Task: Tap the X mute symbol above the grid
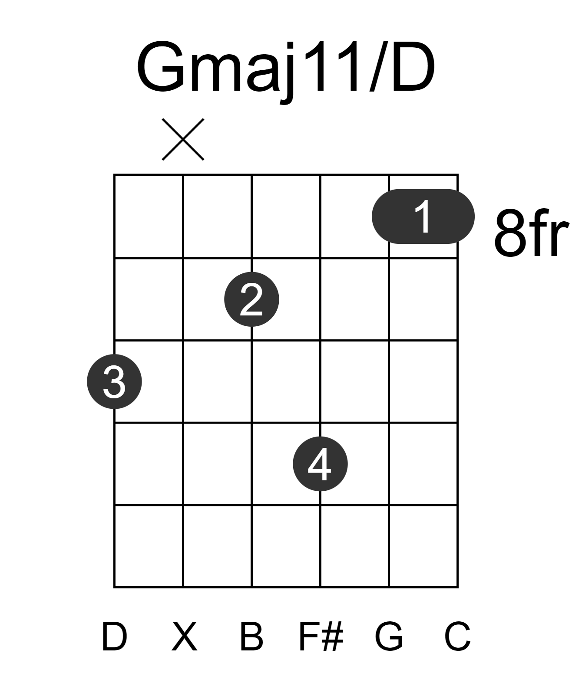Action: [x=183, y=139]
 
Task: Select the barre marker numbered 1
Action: [x=423, y=216]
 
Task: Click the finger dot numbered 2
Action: [x=251, y=299]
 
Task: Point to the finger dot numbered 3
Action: [x=114, y=381]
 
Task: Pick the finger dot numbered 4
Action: [x=320, y=464]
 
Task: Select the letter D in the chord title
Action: [x=413, y=66]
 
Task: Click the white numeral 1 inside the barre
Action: [x=424, y=216]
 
